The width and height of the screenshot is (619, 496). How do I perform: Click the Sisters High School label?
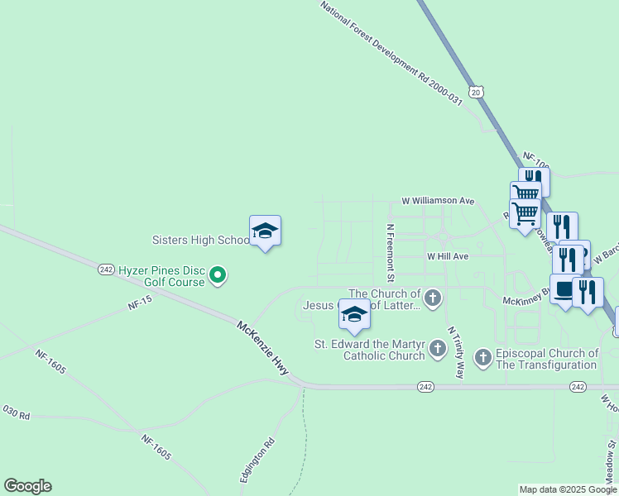(x=199, y=241)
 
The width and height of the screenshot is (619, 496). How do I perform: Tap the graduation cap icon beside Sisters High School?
(x=265, y=231)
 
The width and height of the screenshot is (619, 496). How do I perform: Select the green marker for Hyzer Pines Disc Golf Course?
(x=218, y=274)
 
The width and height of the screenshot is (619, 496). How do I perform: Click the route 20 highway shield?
(x=475, y=93)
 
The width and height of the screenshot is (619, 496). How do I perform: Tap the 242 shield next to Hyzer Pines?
(x=105, y=269)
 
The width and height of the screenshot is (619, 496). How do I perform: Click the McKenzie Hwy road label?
(x=263, y=350)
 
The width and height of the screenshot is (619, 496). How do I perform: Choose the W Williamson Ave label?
(x=438, y=201)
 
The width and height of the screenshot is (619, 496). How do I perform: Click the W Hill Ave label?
(x=448, y=257)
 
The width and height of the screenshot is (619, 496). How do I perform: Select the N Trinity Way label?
(x=455, y=353)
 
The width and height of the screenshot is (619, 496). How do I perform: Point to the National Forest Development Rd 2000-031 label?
(x=391, y=52)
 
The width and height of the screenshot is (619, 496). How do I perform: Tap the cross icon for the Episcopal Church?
(x=483, y=358)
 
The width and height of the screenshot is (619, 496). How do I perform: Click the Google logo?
(x=27, y=486)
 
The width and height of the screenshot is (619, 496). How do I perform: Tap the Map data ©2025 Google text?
(x=568, y=489)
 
